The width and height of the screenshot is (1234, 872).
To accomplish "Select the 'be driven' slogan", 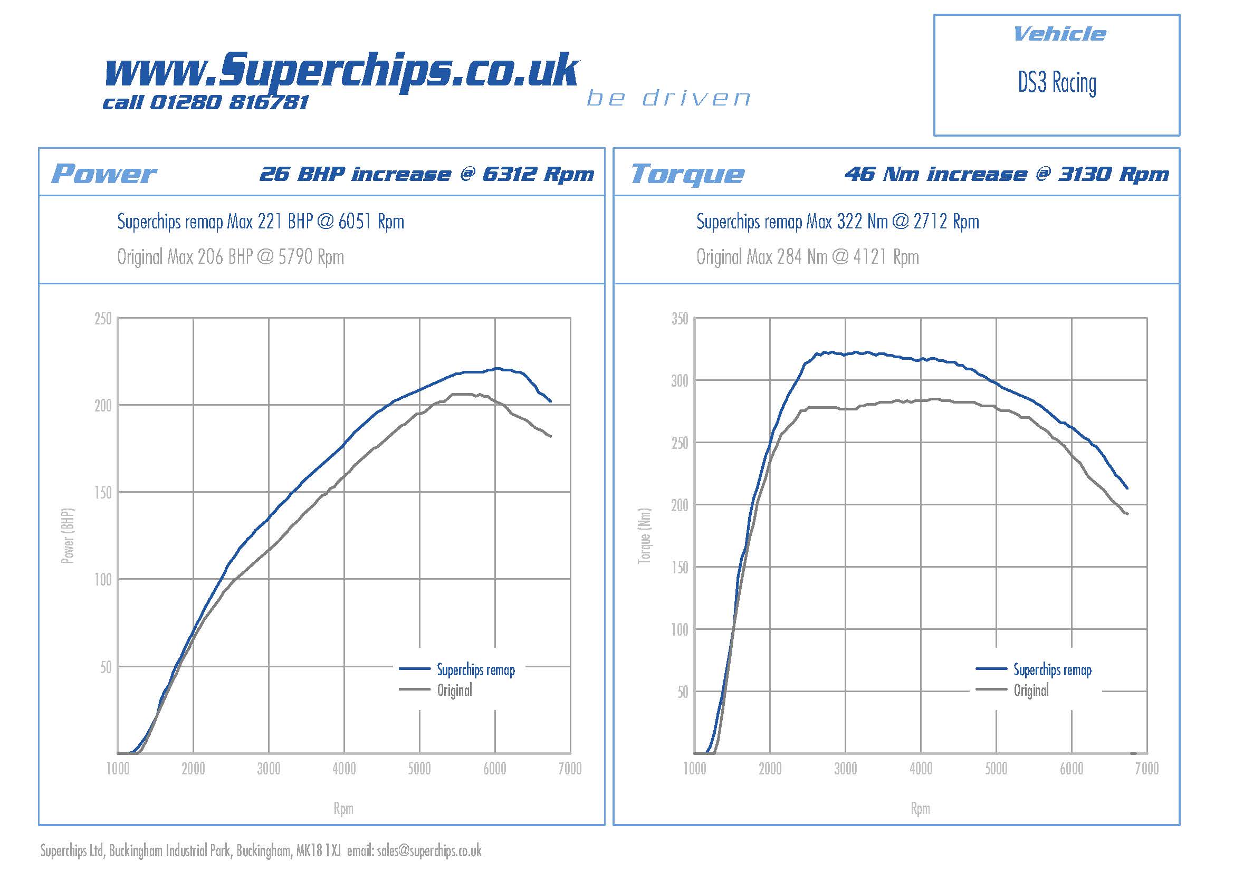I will point(668,98).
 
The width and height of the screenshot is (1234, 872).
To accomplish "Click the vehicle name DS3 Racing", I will point(1057,83).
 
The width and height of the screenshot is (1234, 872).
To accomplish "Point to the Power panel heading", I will point(104,174).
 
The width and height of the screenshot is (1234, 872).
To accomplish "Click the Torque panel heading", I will point(687,174).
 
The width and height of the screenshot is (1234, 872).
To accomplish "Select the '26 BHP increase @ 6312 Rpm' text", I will point(427,174).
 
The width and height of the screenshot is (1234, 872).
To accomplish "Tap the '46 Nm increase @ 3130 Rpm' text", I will point(1006,174).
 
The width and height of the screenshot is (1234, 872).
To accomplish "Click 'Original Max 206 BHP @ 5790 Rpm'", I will point(231,257).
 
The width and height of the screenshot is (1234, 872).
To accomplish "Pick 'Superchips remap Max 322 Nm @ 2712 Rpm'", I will point(837,222).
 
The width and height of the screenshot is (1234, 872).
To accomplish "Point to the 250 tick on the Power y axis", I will point(103,319).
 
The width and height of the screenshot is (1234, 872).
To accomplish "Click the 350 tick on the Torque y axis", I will point(680,319).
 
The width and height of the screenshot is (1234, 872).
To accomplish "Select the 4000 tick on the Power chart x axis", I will point(344,769).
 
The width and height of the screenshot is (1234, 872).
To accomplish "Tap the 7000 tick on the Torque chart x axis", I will point(1146,769).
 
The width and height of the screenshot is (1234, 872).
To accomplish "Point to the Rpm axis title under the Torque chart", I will point(920,808).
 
